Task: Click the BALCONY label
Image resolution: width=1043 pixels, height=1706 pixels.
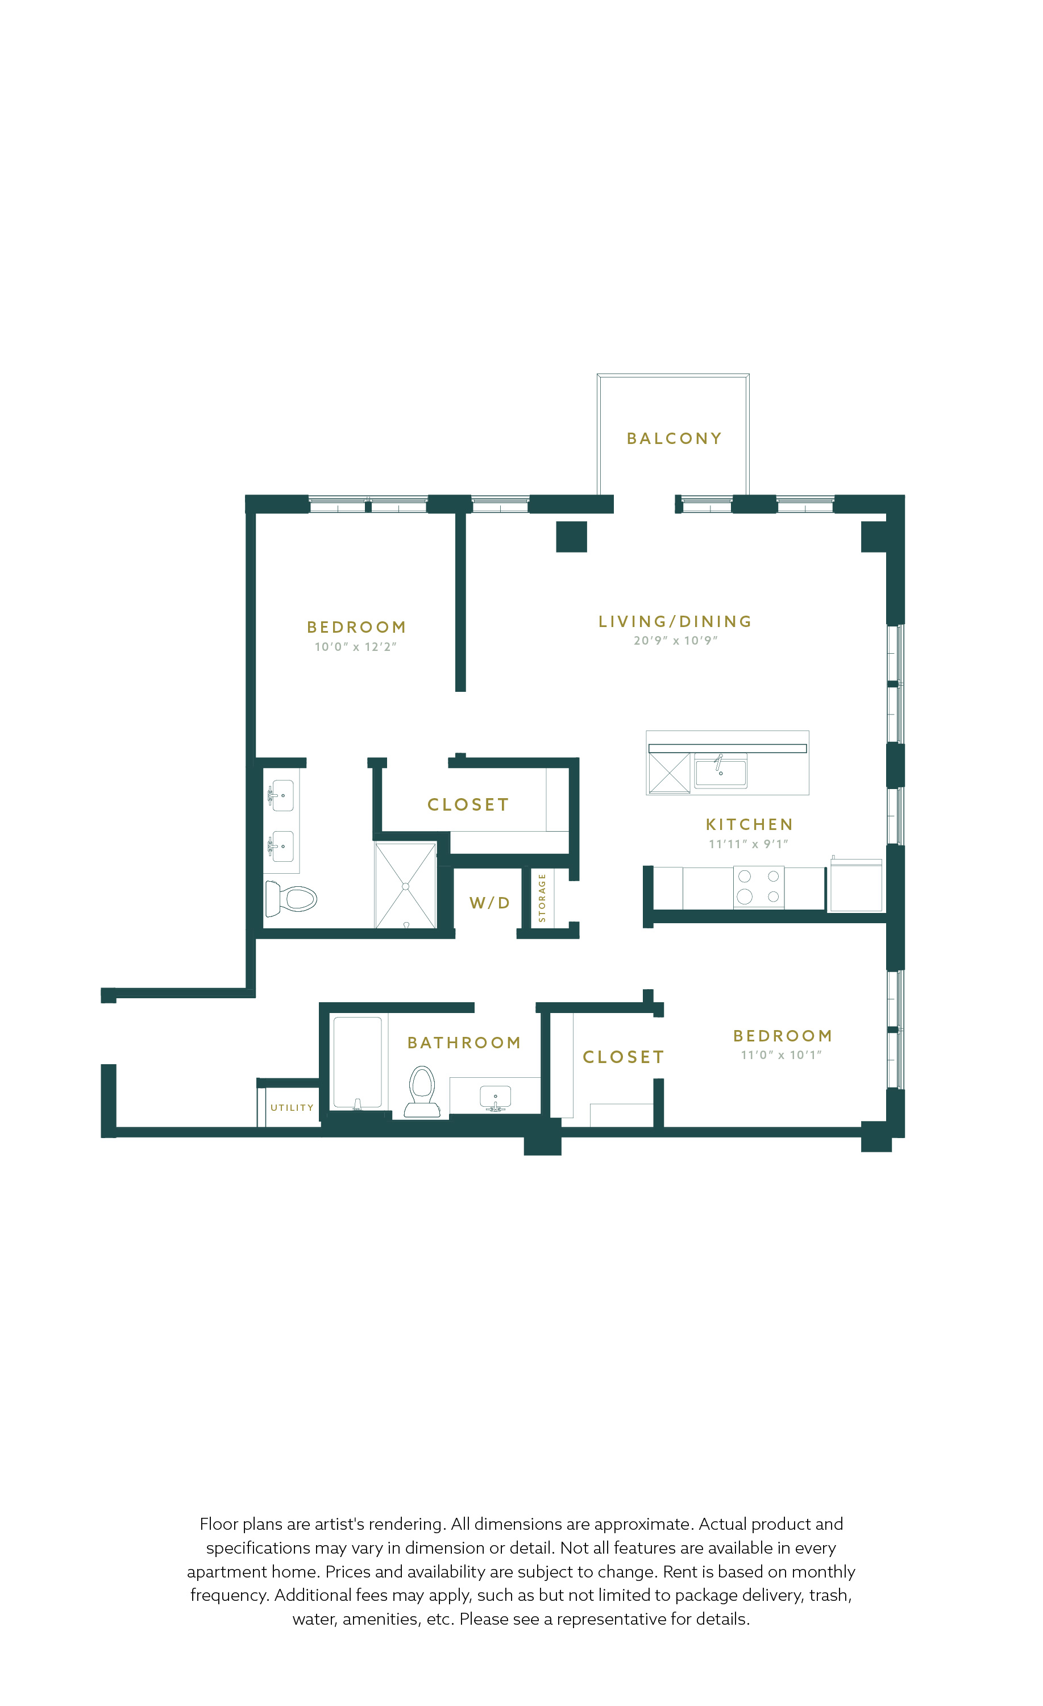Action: [x=674, y=438]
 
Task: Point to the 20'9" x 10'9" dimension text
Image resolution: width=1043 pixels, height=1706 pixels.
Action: [x=675, y=641]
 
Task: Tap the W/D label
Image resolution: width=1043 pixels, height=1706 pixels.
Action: [x=489, y=903]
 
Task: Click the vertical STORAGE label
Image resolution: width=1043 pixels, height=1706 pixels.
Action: [x=542, y=898]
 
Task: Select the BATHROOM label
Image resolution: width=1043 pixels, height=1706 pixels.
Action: [x=464, y=1043]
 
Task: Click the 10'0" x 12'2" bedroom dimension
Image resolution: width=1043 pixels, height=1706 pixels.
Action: [x=356, y=647]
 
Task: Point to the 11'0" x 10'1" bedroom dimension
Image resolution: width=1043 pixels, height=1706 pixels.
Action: [x=782, y=1055]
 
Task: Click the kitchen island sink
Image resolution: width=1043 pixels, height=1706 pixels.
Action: [x=721, y=770]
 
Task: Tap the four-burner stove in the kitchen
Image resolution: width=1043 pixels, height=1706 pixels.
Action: [x=759, y=887]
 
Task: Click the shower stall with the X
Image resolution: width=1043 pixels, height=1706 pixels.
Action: [x=406, y=886]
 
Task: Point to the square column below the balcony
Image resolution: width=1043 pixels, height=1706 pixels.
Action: [x=572, y=537]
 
